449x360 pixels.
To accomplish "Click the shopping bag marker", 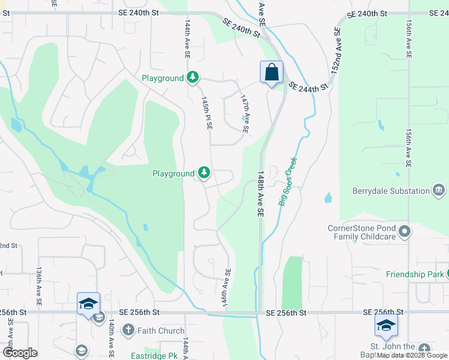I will coord(271,73).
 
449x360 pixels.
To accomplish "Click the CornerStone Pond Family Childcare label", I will coord(361,232).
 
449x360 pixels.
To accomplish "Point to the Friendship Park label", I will coord(415,274).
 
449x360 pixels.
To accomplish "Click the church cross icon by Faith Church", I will coord(128,329).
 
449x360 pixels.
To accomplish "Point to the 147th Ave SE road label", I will coord(245,113).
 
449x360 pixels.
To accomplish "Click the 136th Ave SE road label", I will coord(39,288).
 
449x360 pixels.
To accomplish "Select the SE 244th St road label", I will coord(309,86).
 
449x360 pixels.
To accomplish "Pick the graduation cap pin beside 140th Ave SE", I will coord(88,304).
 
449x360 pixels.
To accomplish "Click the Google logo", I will coord(20,353).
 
